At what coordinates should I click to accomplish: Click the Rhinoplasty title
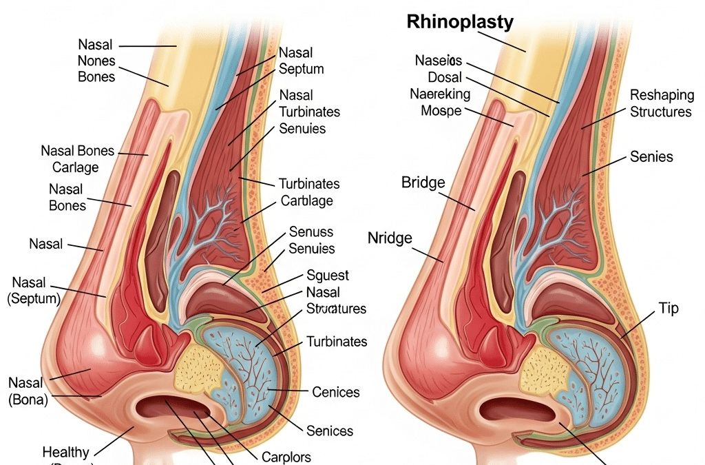[x=460, y=21]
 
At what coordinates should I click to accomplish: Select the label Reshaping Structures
[x=661, y=103]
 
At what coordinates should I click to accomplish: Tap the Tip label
[x=669, y=308]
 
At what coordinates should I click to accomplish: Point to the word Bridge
[x=423, y=183]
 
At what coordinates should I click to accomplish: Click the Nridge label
[x=390, y=239]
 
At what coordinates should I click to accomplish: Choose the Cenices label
[x=336, y=392]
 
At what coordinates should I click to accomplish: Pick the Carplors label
[x=286, y=457]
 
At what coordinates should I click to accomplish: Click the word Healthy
[x=65, y=453]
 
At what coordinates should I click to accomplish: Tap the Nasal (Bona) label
[x=28, y=391]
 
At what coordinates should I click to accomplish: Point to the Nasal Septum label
[x=302, y=61]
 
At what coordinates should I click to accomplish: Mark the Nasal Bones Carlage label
[x=77, y=159]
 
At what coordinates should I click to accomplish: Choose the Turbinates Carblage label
[x=308, y=192]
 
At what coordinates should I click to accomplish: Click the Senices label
[x=329, y=431]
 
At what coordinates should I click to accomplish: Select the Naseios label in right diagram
[x=438, y=60]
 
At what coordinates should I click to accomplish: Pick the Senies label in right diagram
[x=651, y=157]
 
